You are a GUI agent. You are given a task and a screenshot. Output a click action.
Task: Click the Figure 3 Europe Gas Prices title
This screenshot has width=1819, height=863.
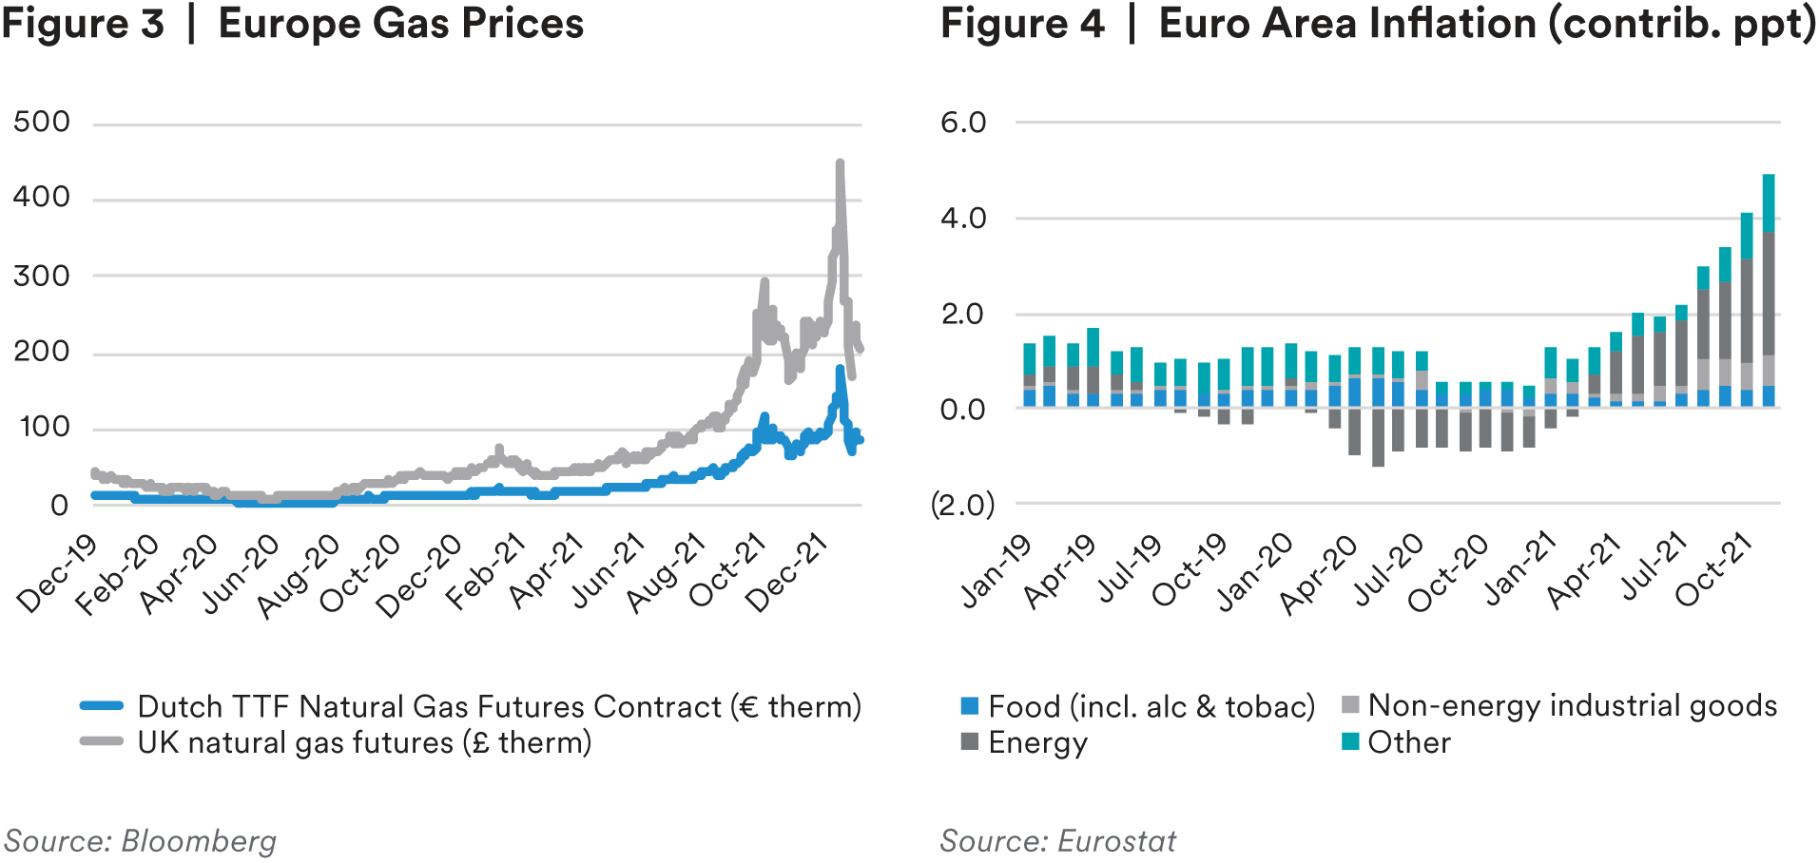(x=292, y=24)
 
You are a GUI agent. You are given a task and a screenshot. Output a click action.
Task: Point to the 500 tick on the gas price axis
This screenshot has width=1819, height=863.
(x=42, y=122)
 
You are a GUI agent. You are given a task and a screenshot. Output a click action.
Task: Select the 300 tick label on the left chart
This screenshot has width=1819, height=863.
(x=42, y=276)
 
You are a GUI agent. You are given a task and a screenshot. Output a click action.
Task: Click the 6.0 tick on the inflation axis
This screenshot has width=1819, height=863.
(x=963, y=123)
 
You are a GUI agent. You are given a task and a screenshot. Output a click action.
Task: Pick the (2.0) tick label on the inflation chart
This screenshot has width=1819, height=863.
(x=962, y=504)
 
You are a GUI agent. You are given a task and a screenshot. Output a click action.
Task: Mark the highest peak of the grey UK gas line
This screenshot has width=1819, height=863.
(x=840, y=163)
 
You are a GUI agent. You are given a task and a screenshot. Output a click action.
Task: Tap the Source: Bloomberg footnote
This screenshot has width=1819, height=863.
(x=141, y=841)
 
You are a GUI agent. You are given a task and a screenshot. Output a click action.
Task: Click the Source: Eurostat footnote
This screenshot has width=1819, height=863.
(x=1057, y=841)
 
